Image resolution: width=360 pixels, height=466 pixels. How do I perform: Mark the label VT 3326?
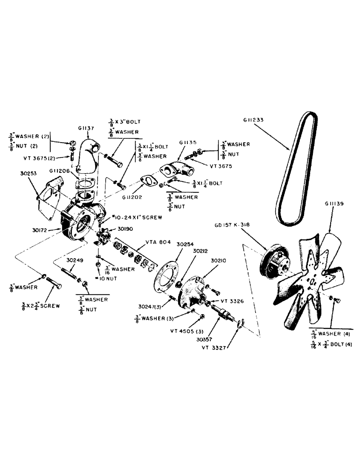coord(232,301)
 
